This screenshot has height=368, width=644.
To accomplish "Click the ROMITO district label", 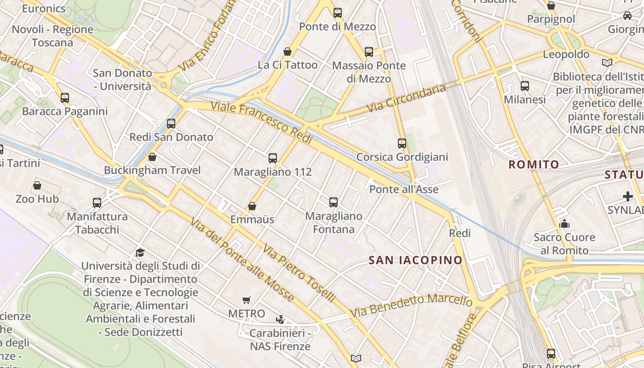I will (x=534, y=164).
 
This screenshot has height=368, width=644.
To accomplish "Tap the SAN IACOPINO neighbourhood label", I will (x=415, y=260).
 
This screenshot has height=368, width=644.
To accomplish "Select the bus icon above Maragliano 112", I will (x=273, y=158).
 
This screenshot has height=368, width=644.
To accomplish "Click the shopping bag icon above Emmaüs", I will (x=252, y=206).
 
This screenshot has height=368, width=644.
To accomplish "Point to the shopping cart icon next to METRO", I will (x=247, y=300).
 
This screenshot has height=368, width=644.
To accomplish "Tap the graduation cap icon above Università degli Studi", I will (x=140, y=253).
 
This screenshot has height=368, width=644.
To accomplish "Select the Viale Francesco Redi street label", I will (x=262, y=123).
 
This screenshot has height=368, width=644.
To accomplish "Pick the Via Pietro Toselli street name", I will (x=299, y=273).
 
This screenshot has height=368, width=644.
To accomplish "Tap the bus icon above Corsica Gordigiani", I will (x=402, y=143).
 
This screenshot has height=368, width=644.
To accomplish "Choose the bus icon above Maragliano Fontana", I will (x=333, y=202).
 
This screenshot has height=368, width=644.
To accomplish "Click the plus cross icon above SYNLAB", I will (x=627, y=197).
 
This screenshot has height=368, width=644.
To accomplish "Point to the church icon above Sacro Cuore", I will (x=564, y=224).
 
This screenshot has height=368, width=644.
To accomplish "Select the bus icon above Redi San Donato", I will (x=171, y=123).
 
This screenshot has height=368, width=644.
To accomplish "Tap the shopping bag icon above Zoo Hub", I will (x=37, y=185).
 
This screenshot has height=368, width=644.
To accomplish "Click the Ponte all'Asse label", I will (x=404, y=189).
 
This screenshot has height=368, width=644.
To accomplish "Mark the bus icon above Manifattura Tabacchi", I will (x=97, y=202).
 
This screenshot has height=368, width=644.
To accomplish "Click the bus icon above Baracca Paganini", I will (x=65, y=98).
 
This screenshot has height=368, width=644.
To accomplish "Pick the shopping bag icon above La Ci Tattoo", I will (x=287, y=51).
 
